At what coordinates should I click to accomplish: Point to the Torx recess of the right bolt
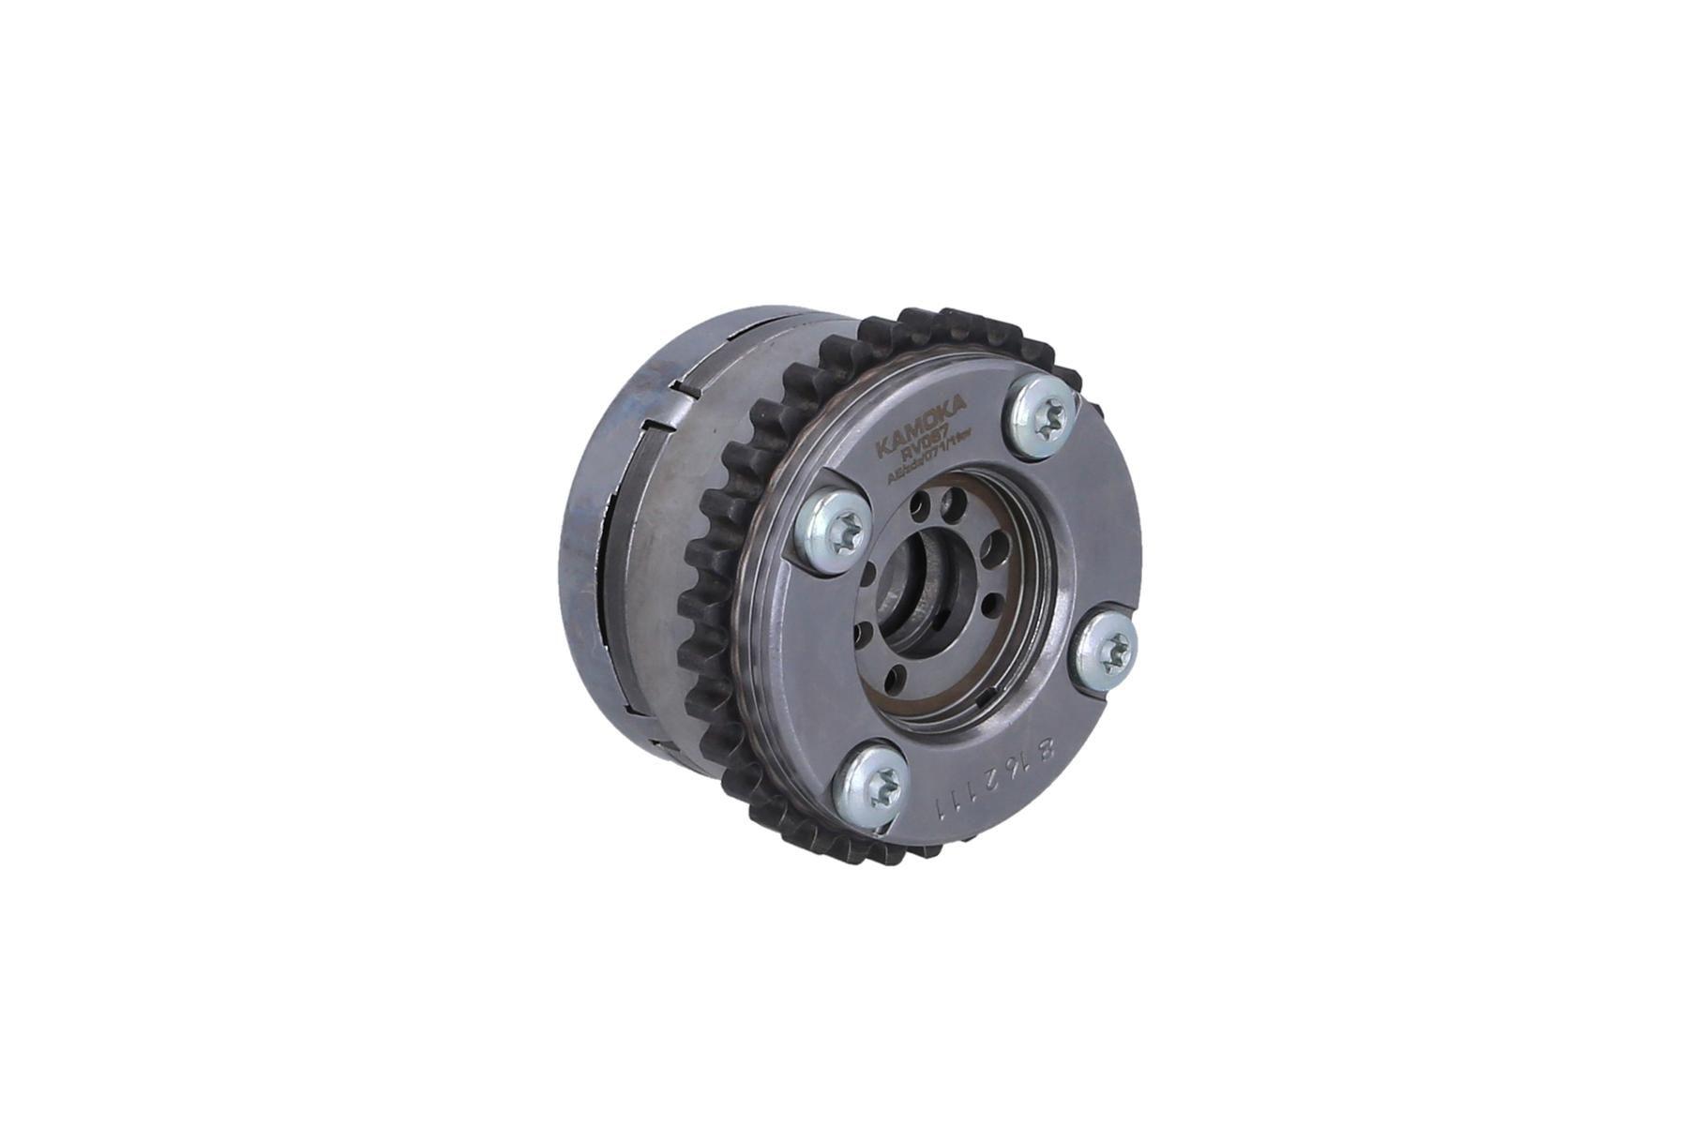1113,652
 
